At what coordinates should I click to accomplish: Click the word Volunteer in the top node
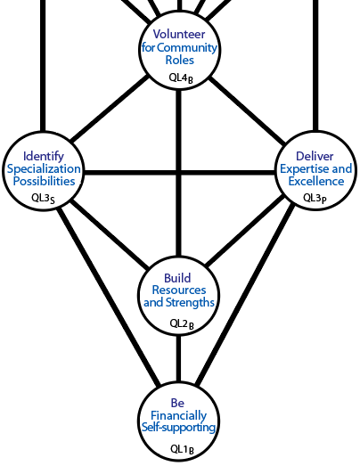pos(179,34)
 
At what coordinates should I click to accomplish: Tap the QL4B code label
pos(181,78)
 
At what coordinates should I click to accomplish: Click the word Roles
pos(179,60)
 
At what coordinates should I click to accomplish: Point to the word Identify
pos(44,157)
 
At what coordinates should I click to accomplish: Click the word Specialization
pos(44,169)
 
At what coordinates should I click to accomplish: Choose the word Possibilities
pos(44,181)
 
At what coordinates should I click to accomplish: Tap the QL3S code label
pos(43,199)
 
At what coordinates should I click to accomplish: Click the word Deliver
pos(315,156)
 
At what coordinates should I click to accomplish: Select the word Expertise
pos(305,169)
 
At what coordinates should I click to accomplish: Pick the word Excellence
pos(316,181)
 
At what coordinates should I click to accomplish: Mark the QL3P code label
pos(315,199)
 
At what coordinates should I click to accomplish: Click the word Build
pos(177,278)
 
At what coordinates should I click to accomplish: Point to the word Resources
pos(179,290)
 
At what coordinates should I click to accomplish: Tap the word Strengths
pos(190,303)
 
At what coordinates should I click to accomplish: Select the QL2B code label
pos(182,324)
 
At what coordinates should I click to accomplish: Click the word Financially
pos(178,416)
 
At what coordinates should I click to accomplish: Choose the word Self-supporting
pos(178,428)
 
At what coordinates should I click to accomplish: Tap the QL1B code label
pos(182,450)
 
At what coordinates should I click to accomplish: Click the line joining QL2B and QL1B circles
pos(178,358)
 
